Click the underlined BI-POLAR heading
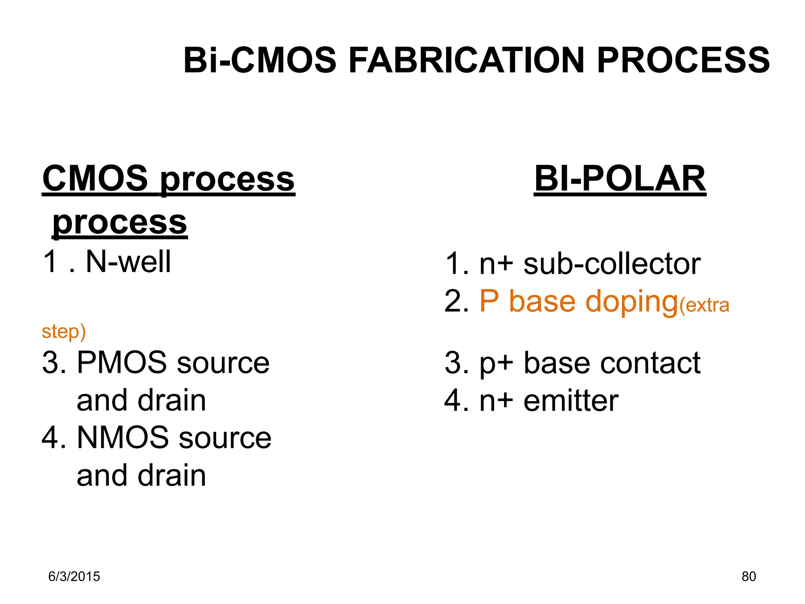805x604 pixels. coord(620,179)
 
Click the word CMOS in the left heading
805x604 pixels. coord(95,179)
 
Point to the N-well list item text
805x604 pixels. coord(128,261)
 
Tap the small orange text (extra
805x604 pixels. coord(704,305)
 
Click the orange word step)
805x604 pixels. coord(64,331)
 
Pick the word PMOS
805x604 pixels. coord(122,362)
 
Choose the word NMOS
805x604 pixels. coord(123,438)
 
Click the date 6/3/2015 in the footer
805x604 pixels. coord(74,576)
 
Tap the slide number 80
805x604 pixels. coord(749,576)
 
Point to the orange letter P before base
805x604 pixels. coord(489,301)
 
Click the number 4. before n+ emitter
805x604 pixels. coord(456,401)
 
